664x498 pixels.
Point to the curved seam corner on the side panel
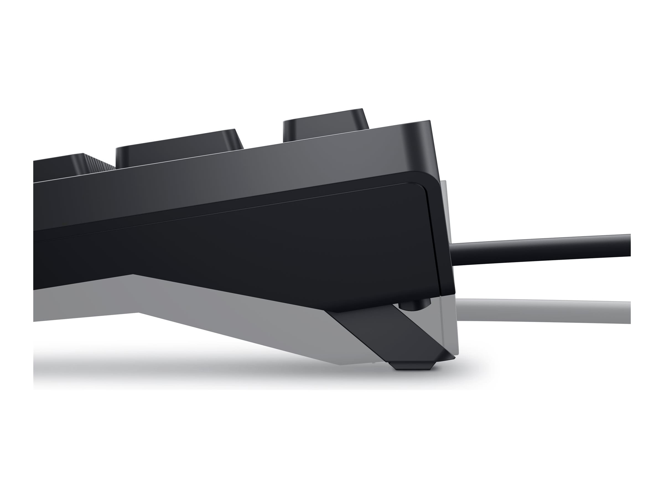(423, 188)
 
